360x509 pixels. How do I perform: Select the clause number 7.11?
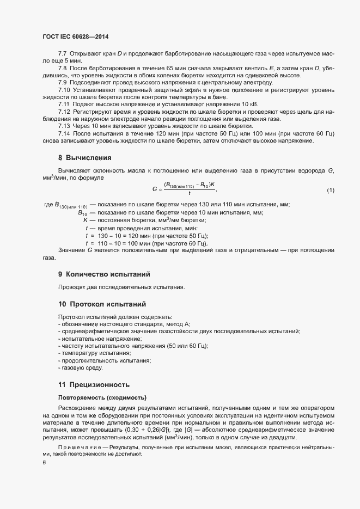tap(64, 103)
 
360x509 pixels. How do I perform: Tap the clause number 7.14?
tap(65, 134)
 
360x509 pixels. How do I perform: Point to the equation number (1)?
tap(330, 190)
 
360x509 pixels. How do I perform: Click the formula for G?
tap(185, 189)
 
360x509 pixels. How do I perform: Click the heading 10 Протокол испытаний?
tap(102, 303)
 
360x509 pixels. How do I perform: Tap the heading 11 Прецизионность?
tap(94, 384)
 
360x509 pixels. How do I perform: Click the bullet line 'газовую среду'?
tap(80, 369)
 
